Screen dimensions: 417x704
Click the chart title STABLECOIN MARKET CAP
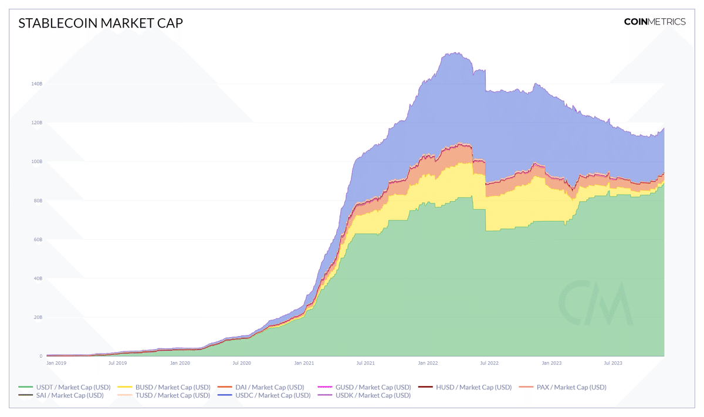tap(101, 23)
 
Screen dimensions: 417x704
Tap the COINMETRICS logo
tap(654, 22)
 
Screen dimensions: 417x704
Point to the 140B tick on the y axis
tap(36, 84)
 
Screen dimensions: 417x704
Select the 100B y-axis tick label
tap(36, 161)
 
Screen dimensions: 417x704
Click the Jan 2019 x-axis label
tap(56, 364)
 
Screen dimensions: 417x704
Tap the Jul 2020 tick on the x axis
tap(242, 364)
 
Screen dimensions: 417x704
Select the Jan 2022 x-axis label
tap(428, 364)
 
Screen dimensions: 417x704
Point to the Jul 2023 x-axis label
tap(613, 364)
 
